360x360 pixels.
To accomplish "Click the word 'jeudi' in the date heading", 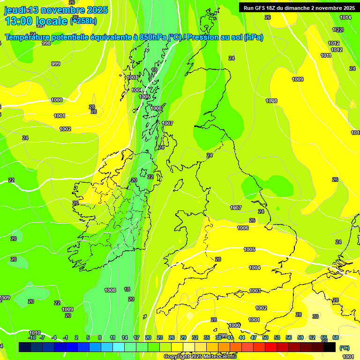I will [x=15, y=10].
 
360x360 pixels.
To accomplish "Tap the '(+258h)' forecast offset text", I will [x=83, y=21].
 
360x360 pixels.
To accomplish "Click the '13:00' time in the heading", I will [x=19, y=21].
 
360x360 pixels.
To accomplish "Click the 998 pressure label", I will [x=46, y=43].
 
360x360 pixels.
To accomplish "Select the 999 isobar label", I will [x=56, y=64].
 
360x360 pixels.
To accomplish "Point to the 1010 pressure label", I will [x=35, y=332].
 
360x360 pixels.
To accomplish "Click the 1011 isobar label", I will [x=326, y=55].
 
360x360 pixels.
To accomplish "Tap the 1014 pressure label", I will [x=345, y=17].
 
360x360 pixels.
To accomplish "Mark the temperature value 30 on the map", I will [x=315, y=316].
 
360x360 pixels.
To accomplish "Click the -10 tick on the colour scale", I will [x=32, y=337].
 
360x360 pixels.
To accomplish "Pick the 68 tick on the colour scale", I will [x=336, y=337].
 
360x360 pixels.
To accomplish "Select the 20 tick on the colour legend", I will [x=148, y=337].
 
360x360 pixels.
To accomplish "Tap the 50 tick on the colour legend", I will [x=265, y=337].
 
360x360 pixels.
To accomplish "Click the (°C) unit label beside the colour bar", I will [x=344, y=348].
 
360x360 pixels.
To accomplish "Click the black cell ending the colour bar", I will [x=330, y=347].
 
